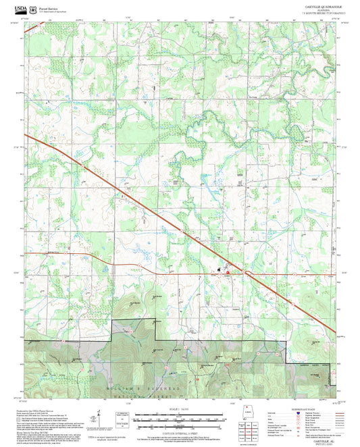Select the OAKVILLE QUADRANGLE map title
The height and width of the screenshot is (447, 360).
click(315, 6)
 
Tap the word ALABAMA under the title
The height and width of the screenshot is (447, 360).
click(315, 10)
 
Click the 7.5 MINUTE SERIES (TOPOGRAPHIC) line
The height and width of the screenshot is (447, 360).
click(315, 14)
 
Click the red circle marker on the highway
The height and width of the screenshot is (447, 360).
click(228, 273)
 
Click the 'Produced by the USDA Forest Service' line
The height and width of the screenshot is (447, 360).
click(41, 410)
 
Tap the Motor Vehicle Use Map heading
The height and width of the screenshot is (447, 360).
click(38, 428)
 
